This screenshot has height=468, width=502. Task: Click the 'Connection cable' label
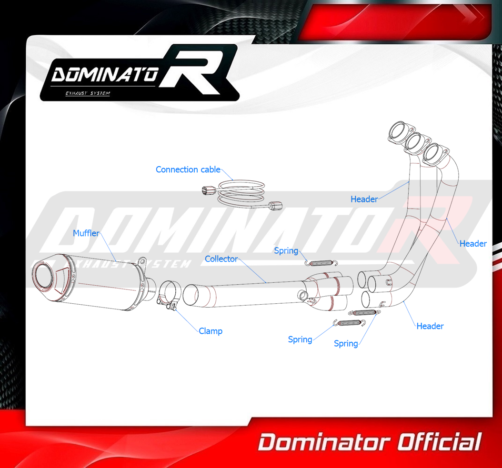pos(188,169)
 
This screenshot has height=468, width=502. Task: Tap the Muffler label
pos(86,233)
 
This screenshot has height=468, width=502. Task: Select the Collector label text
pos(221,259)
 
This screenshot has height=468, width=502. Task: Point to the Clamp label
pos(211,331)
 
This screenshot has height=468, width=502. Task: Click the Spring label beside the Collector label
pos(286,250)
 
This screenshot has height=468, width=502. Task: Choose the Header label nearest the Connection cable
pos(364,199)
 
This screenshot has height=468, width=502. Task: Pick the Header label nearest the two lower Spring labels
pos(430,326)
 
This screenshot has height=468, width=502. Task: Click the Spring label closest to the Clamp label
pos(300,339)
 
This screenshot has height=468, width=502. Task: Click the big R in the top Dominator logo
pos(195,71)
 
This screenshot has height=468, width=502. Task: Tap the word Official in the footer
pos(439,442)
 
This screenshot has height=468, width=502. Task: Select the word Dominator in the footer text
pos(324,442)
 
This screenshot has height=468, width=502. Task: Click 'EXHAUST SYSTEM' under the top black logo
pos(88,93)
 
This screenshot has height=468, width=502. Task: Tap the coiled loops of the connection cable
pos(242,193)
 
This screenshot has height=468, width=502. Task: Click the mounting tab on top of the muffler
pos(142,260)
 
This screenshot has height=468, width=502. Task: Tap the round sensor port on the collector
pos(302,294)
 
